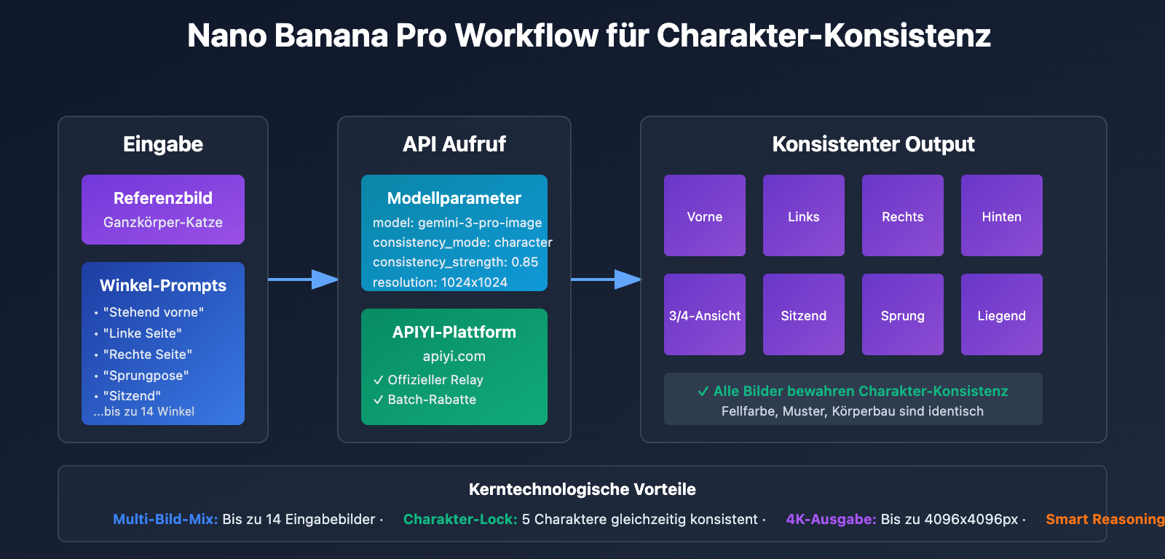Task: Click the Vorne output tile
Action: [x=705, y=215]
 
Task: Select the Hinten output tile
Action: [x=1001, y=215]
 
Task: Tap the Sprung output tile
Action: [x=902, y=314]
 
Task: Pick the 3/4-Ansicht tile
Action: [x=705, y=314]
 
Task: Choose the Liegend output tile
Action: [x=1001, y=314]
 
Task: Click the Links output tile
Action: [x=804, y=215]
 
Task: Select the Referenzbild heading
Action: [x=163, y=198]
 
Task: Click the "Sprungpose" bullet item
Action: [x=149, y=376]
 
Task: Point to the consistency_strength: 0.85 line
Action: [x=455, y=262]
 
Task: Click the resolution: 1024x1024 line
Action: [x=440, y=282]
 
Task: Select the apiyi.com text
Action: [x=454, y=357]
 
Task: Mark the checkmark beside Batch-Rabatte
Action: [x=379, y=400]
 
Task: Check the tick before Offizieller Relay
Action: [x=379, y=380]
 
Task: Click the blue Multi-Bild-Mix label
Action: [x=165, y=519]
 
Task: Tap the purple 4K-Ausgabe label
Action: [x=831, y=519]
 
